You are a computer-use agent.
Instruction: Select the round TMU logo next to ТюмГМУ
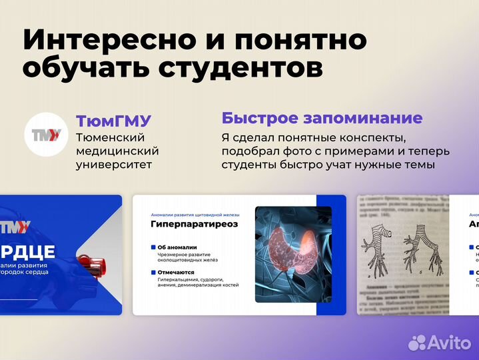tap(46, 135)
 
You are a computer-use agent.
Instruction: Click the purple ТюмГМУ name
tap(113, 121)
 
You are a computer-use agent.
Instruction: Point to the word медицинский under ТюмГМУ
tap(117, 151)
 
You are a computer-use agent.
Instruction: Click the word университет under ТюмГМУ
tap(114, 164)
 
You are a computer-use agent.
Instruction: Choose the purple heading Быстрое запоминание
tap(322, 119)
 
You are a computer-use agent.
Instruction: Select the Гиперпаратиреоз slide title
tap(194, 225)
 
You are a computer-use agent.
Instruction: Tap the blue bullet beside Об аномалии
tap(153, 247)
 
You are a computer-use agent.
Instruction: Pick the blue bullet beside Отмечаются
tap(153, 272)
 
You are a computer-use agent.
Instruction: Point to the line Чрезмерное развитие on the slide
tap(185, 254)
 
